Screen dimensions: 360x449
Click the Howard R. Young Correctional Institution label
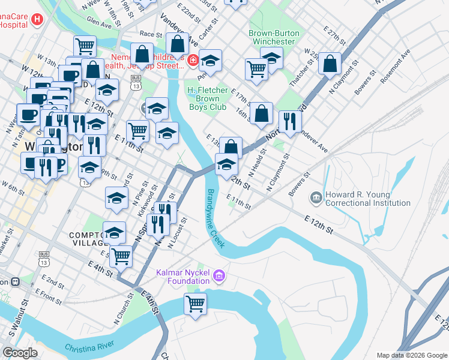coord(368,199)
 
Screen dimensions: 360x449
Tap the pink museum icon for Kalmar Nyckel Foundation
coord(220,275)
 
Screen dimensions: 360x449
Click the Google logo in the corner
coord(20,353)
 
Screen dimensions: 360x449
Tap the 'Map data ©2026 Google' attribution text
coord(411,355)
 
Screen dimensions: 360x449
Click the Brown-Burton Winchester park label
coord(273,37)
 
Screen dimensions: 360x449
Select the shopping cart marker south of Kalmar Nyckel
coord(196,304)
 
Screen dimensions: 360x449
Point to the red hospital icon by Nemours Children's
coord(192,59)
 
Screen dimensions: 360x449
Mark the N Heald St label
coord(258,164)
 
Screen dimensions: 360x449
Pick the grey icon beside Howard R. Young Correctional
coord(316,197)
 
